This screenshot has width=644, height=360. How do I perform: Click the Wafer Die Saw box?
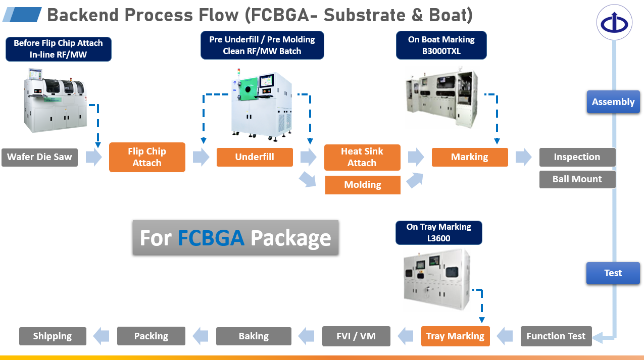click(39, 157)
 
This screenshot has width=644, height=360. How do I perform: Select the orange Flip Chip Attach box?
click(147, 157)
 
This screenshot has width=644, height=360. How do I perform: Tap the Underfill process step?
click(255, 157)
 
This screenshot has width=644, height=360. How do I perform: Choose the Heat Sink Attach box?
click(362, 157)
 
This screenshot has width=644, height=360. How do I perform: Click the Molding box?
click(362, 185)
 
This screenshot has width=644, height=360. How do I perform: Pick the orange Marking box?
click(470, 157)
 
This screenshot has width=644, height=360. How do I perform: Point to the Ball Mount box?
click(577, 179)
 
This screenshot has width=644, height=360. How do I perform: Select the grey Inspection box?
click(577, 157)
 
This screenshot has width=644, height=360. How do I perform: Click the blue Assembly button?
click(613, 102)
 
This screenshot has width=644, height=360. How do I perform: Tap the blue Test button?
click(613, 273)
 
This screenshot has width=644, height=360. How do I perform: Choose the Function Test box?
click(556, 336)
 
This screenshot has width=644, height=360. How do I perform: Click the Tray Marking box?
click(455, 336)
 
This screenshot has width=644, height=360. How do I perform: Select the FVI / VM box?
click(356, 336)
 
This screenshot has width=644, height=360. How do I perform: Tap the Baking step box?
click(254, 336)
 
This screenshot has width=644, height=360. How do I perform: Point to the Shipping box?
click(53, 336)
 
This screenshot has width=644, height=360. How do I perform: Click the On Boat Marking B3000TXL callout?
click(441, 45)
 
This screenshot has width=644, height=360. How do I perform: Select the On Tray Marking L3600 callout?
click(438, 232)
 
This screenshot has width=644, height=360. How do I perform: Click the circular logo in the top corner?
click(614, 23)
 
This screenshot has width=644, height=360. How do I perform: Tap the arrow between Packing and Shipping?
click(102, 336)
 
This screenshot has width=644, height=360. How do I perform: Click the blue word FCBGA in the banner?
click(211, 238)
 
